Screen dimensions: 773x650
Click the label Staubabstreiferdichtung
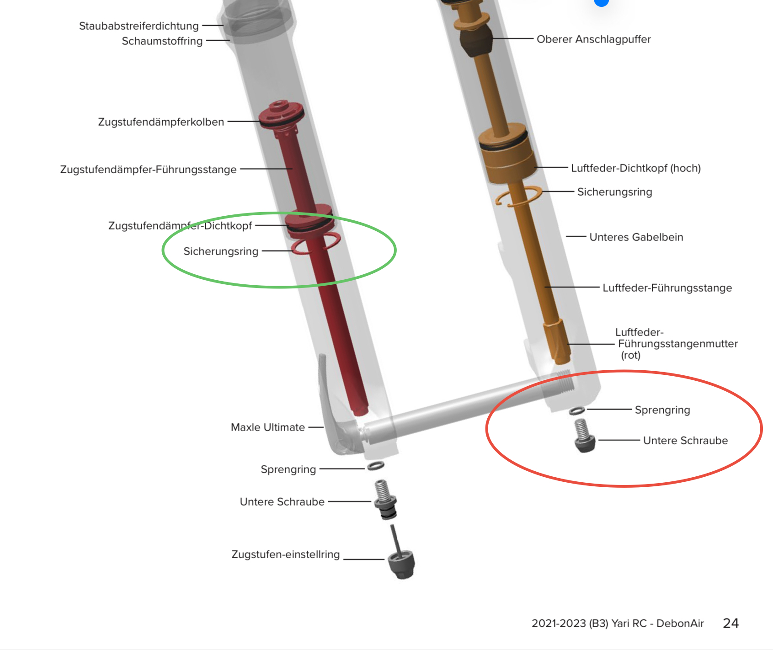139,26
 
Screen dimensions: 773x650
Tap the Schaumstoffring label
162,41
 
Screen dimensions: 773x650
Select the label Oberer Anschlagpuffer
593,39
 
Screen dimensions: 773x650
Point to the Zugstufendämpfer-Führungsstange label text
148,170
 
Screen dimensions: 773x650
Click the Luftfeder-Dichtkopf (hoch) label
636,168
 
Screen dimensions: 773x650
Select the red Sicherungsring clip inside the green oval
315,243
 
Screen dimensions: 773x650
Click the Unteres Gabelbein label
636,237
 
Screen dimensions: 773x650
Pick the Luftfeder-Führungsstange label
667,288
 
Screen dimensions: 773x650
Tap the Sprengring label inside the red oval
662,410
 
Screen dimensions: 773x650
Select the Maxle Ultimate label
267,427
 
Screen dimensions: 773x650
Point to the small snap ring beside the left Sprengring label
375,466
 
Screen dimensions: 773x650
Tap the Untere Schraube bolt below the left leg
385,500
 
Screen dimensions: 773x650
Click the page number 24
730,623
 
